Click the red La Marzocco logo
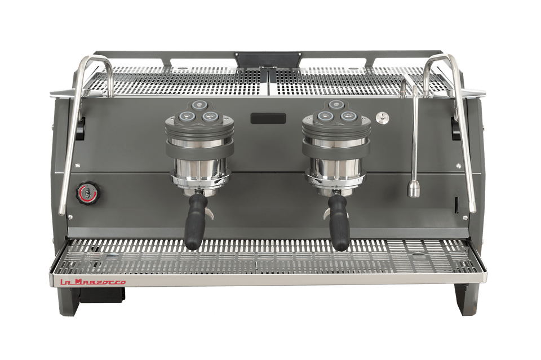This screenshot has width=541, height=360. [94, 282]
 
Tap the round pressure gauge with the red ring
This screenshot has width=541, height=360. [86, 192]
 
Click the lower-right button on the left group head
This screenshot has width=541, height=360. [210, 117]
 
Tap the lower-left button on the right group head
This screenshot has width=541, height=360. [324, 117]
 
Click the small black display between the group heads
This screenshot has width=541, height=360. [268, 118]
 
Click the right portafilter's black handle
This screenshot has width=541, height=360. [340, 224]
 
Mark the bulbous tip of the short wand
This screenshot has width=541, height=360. [414, 188]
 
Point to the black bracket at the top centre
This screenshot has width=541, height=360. [268, 59]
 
